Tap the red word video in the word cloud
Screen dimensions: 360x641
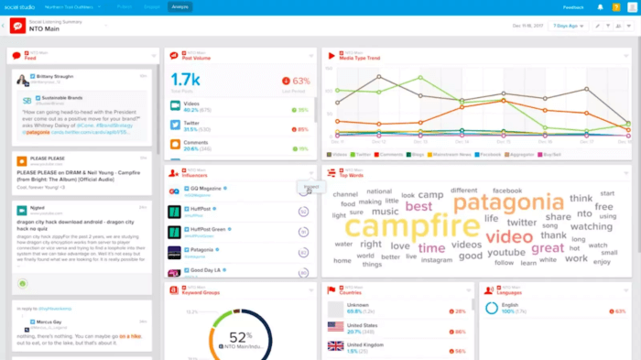509,236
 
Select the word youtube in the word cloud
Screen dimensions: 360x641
505,253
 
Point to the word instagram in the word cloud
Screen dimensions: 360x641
436,260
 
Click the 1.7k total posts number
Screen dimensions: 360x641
186,80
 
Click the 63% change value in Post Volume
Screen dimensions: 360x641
299,81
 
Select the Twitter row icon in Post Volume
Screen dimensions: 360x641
178,125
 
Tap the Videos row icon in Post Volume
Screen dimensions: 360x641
178,107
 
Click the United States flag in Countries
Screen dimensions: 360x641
335,327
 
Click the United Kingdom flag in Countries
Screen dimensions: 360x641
335,346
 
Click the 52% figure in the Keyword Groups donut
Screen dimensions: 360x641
241,336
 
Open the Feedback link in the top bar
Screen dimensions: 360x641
573,6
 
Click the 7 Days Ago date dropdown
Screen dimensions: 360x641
567,26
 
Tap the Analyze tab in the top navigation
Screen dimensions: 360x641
180,6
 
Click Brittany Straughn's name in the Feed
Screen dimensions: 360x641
56,77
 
